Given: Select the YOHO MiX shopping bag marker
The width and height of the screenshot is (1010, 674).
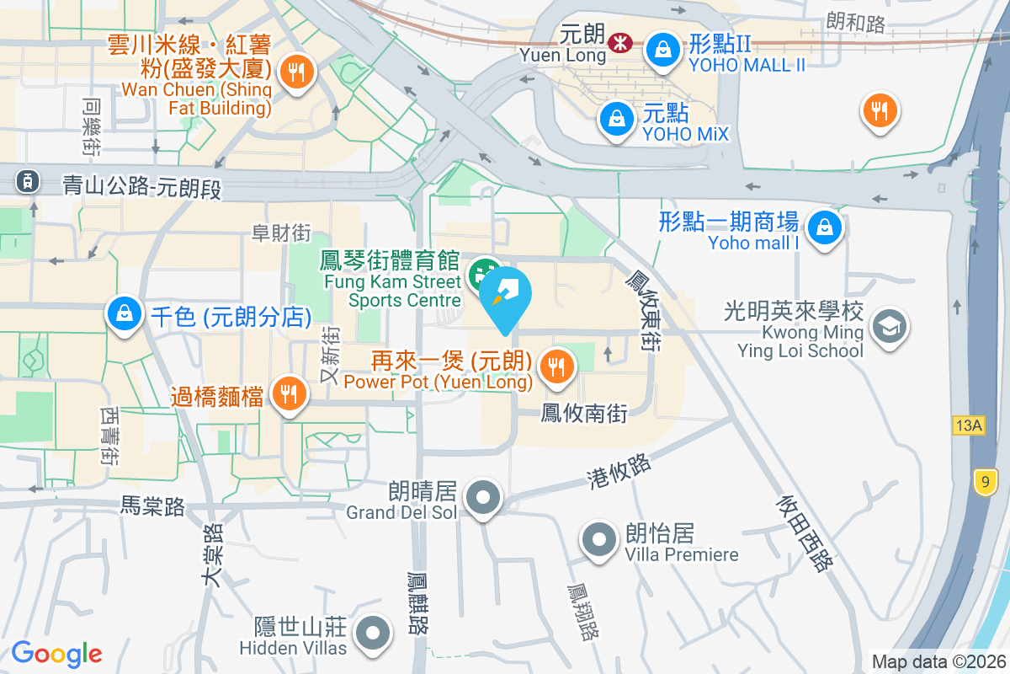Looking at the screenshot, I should point(617,118).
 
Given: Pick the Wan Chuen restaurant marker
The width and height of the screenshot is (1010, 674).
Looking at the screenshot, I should point(295,72).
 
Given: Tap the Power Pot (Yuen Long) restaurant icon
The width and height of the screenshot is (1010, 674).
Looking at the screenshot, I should point(556,366).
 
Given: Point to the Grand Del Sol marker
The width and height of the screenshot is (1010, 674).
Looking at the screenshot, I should point(483,497).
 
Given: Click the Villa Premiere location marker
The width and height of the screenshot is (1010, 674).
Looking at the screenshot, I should point(599,539).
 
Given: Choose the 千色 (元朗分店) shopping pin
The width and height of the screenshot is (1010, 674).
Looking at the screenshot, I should point(125,315).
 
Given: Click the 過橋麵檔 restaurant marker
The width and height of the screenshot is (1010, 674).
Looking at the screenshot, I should point(288,393).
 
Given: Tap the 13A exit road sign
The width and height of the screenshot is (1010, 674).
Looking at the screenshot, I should point(969,425).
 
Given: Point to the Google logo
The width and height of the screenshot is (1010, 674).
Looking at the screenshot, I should point(56,653).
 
